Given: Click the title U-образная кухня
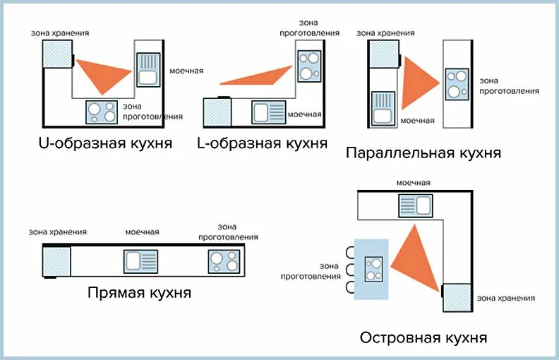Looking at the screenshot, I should click(105, 144).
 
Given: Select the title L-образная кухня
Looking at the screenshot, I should click(262, 143).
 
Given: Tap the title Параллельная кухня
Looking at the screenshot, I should click(423, 152).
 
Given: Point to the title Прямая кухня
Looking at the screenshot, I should click(139, 292).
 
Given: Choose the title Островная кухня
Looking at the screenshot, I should click(423, 337).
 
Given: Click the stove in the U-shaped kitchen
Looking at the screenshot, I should click(102, 112).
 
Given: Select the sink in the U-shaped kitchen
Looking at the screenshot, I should click(148, 69).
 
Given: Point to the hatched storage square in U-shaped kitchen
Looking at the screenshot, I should click(57, 53).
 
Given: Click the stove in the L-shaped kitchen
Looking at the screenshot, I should click(308, 66).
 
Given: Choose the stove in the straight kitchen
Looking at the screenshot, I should click(224, 261).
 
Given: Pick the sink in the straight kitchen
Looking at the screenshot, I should click(140, 261).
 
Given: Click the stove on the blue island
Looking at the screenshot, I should click(373, 270).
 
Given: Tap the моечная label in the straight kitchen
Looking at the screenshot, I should click(142, 232).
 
